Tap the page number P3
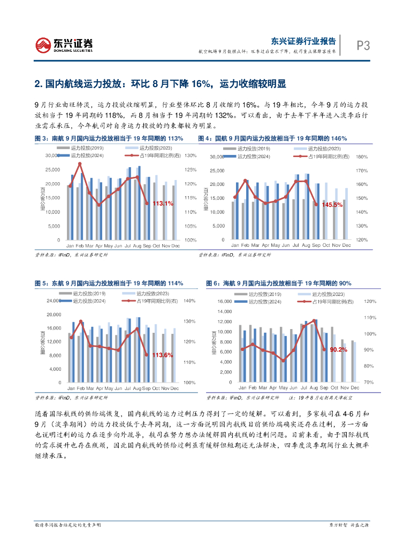(363, 45)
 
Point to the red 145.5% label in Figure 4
(332, 205)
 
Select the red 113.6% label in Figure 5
(163, 355)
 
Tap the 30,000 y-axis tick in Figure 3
(52, 156)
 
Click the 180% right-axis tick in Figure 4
(361, 157)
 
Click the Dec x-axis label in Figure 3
(174, 245)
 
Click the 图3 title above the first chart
(41, 138)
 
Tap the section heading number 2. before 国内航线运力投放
(38, 84)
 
